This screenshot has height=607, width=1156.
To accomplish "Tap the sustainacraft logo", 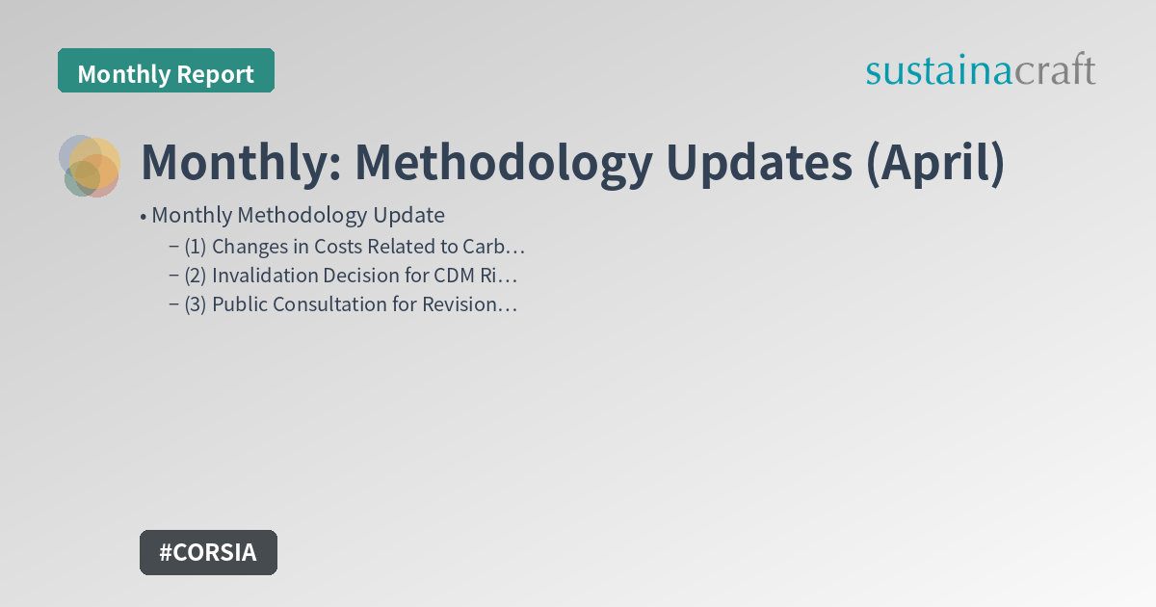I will (980, 71).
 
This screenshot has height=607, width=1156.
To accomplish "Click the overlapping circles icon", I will (90, 166).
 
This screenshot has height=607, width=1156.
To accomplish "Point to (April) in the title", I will (934, 162).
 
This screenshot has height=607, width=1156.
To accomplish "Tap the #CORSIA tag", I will (208, 552).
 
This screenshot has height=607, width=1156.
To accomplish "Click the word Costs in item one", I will (339, 246).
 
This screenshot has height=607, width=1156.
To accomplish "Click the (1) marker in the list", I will (196, 246).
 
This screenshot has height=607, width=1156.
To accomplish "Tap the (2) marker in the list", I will (196, 276).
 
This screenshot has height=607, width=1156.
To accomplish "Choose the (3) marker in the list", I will (196, 304).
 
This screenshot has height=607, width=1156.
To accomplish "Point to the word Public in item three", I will (239, 304).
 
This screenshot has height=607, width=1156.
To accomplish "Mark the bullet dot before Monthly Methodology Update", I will (144, 216).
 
